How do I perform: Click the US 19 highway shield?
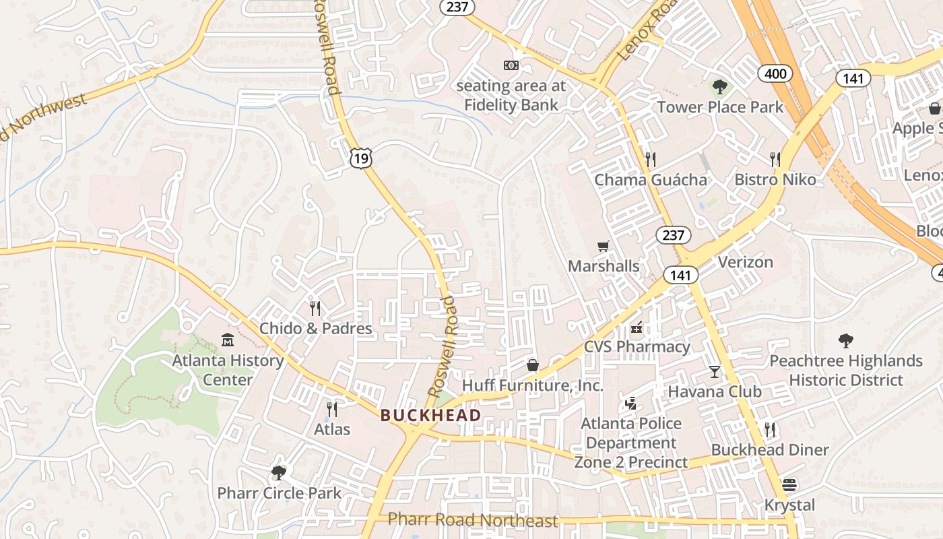pos(361,158)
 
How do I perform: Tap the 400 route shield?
pos(776,73)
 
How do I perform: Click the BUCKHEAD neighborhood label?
pos(430,415)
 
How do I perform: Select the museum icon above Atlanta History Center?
pos(227,340)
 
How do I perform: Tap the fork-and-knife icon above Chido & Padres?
pos(315,309)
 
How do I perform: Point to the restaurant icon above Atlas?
pos(331,409)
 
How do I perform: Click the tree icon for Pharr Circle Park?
pos(278,472)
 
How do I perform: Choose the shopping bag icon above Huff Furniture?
pos(533,365)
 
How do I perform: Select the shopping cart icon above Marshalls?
pos(603,246)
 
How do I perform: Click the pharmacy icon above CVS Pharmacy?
pos(637,328)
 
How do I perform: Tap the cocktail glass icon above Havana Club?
pos(714,371)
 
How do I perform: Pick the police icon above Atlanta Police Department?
pos(631,404)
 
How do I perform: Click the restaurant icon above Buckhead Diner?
pos(770,429)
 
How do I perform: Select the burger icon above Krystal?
pos(789,485)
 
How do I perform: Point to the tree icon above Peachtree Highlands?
pos(845,341)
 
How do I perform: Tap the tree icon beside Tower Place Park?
pos(720,87)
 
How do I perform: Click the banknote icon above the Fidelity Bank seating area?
pos(511,65)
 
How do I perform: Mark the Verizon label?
pos(745,262)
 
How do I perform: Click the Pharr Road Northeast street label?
pos(474,520)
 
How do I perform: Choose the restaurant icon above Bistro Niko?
pos(775,160)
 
